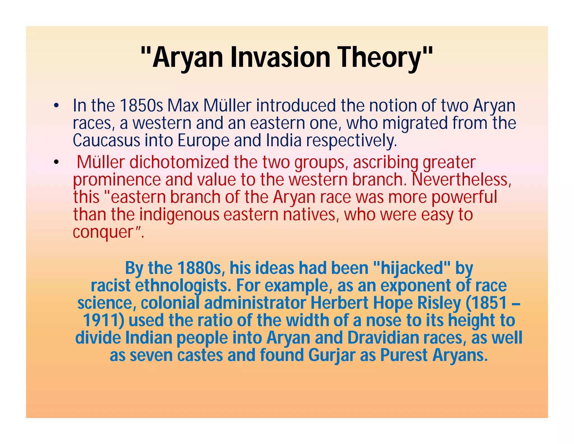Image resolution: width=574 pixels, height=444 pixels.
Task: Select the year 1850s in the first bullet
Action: pos(141,106)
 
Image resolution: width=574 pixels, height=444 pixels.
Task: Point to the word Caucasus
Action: pos(106,140)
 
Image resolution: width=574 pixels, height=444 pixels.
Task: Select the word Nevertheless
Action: pos(461,180)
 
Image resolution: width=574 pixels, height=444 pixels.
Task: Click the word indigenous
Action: pos(179,214)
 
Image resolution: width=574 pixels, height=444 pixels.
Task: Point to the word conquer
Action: pos(103,232)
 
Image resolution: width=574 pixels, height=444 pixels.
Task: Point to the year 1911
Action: pos(103,320)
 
